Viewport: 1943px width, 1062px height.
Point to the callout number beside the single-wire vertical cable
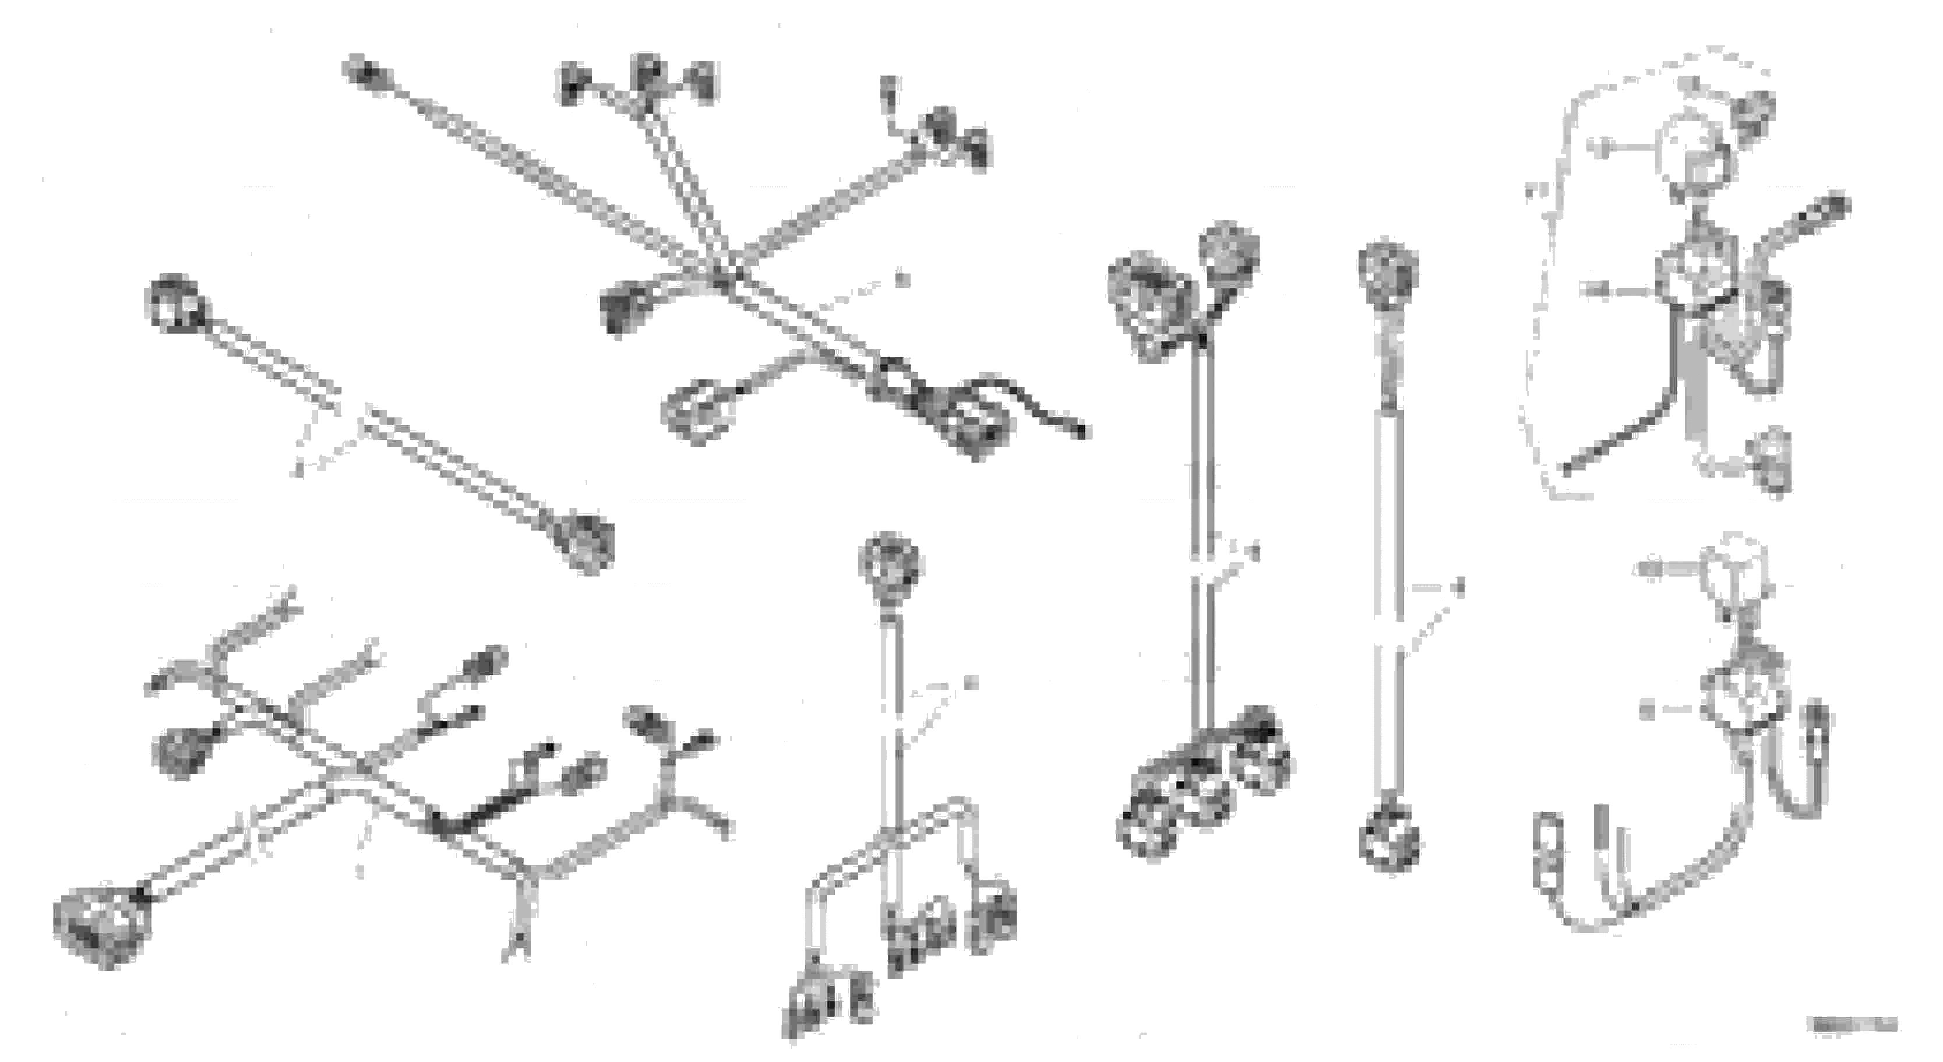1460,587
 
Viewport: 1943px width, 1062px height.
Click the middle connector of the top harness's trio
648,75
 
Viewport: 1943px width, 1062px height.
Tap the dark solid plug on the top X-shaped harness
620,308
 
